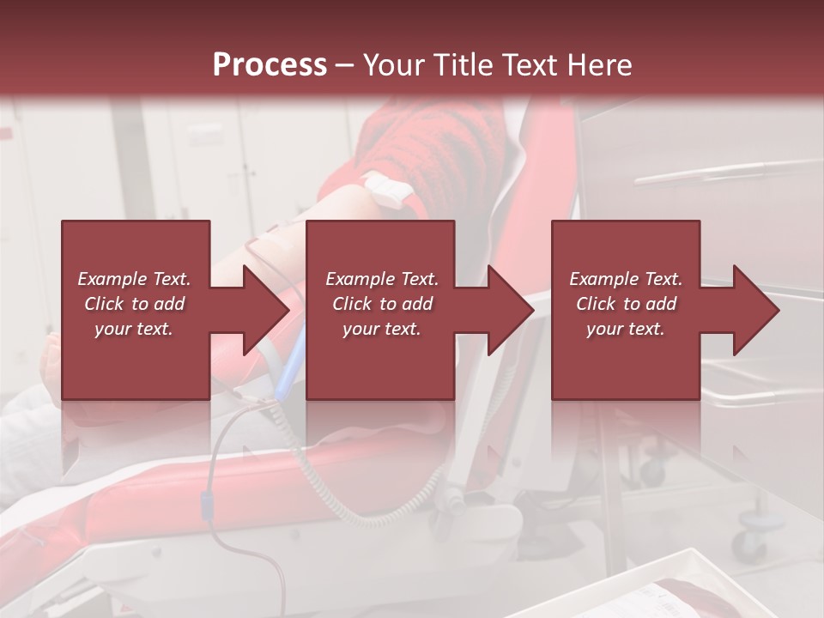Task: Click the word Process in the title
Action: coord(270,65)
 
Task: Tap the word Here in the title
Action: coord(599,65)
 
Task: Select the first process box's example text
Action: coord(135,304)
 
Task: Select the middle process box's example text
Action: coord(382,304)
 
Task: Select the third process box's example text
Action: coord(626,304)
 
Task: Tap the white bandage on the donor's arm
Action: coord(384,190)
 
